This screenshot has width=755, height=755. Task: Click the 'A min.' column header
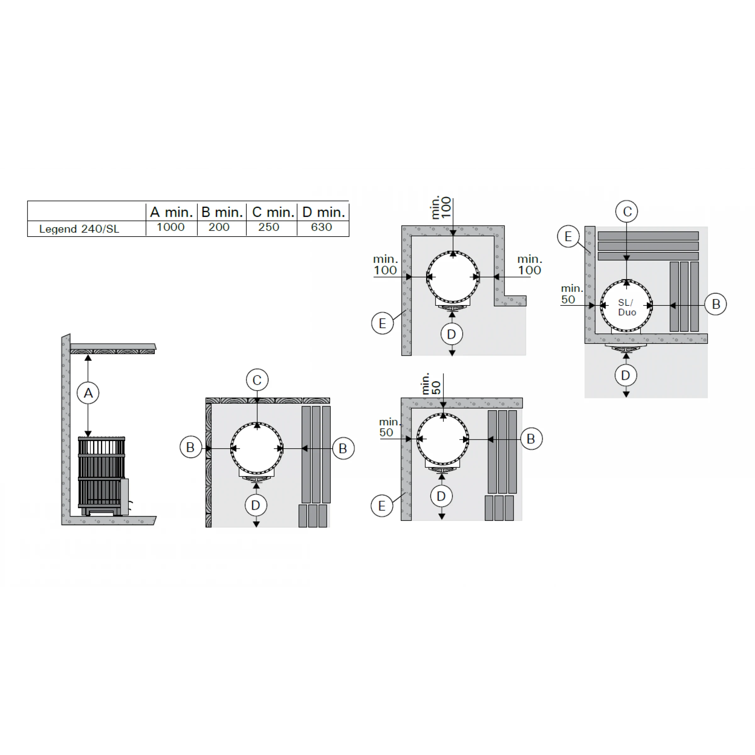click(171, 212)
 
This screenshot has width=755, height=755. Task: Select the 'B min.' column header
click(222, 212)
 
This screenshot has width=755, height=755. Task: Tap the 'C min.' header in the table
click(273, 212)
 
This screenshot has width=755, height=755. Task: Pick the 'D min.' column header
click(324, 212)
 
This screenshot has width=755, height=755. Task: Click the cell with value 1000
click(171, 227)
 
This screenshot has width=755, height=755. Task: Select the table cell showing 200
click(219, 227)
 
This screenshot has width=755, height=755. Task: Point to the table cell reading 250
click(269, 227)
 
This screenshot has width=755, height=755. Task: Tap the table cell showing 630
click(321, 227)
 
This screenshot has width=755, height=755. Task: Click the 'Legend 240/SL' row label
click(79, 229)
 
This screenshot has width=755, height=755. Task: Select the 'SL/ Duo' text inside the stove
click(627, 307)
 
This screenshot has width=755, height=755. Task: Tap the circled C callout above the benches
click(626, 211)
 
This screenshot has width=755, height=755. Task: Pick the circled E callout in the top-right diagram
click(568, 237)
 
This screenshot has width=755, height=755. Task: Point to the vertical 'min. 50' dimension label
click(431, 383)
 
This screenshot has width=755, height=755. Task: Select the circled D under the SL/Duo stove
click(626, 375)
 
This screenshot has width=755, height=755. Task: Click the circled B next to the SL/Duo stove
click(716, 304)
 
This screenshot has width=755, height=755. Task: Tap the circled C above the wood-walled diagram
click(257, 380)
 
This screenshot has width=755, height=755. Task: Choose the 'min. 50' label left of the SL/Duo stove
click(571, 294)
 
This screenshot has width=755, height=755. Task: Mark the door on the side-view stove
click(124, 496)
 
